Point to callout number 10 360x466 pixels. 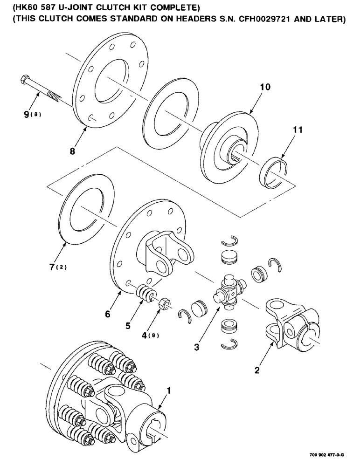point(265,87)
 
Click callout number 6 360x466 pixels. point(108,314)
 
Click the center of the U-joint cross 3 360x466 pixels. point(228,293)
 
